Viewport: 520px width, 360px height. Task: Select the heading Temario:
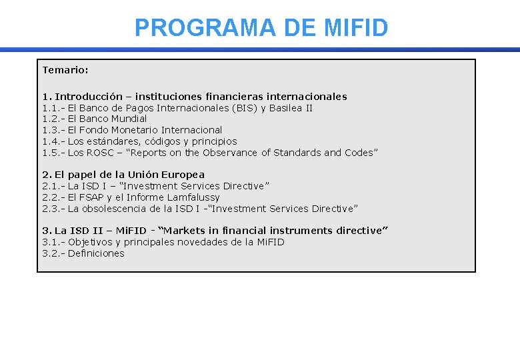[65, 70]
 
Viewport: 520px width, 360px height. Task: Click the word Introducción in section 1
[89, 97]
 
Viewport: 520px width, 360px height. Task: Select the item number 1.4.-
[53, 141]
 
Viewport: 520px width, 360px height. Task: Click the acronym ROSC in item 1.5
[100, 153]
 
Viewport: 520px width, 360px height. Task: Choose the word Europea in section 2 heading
[181, 175]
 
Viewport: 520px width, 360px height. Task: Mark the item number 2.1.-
[53, 186]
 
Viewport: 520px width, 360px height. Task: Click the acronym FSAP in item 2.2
[93, 197]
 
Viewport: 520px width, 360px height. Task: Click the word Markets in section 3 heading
[186, 231]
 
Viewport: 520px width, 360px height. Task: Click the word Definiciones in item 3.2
[96, 253]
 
